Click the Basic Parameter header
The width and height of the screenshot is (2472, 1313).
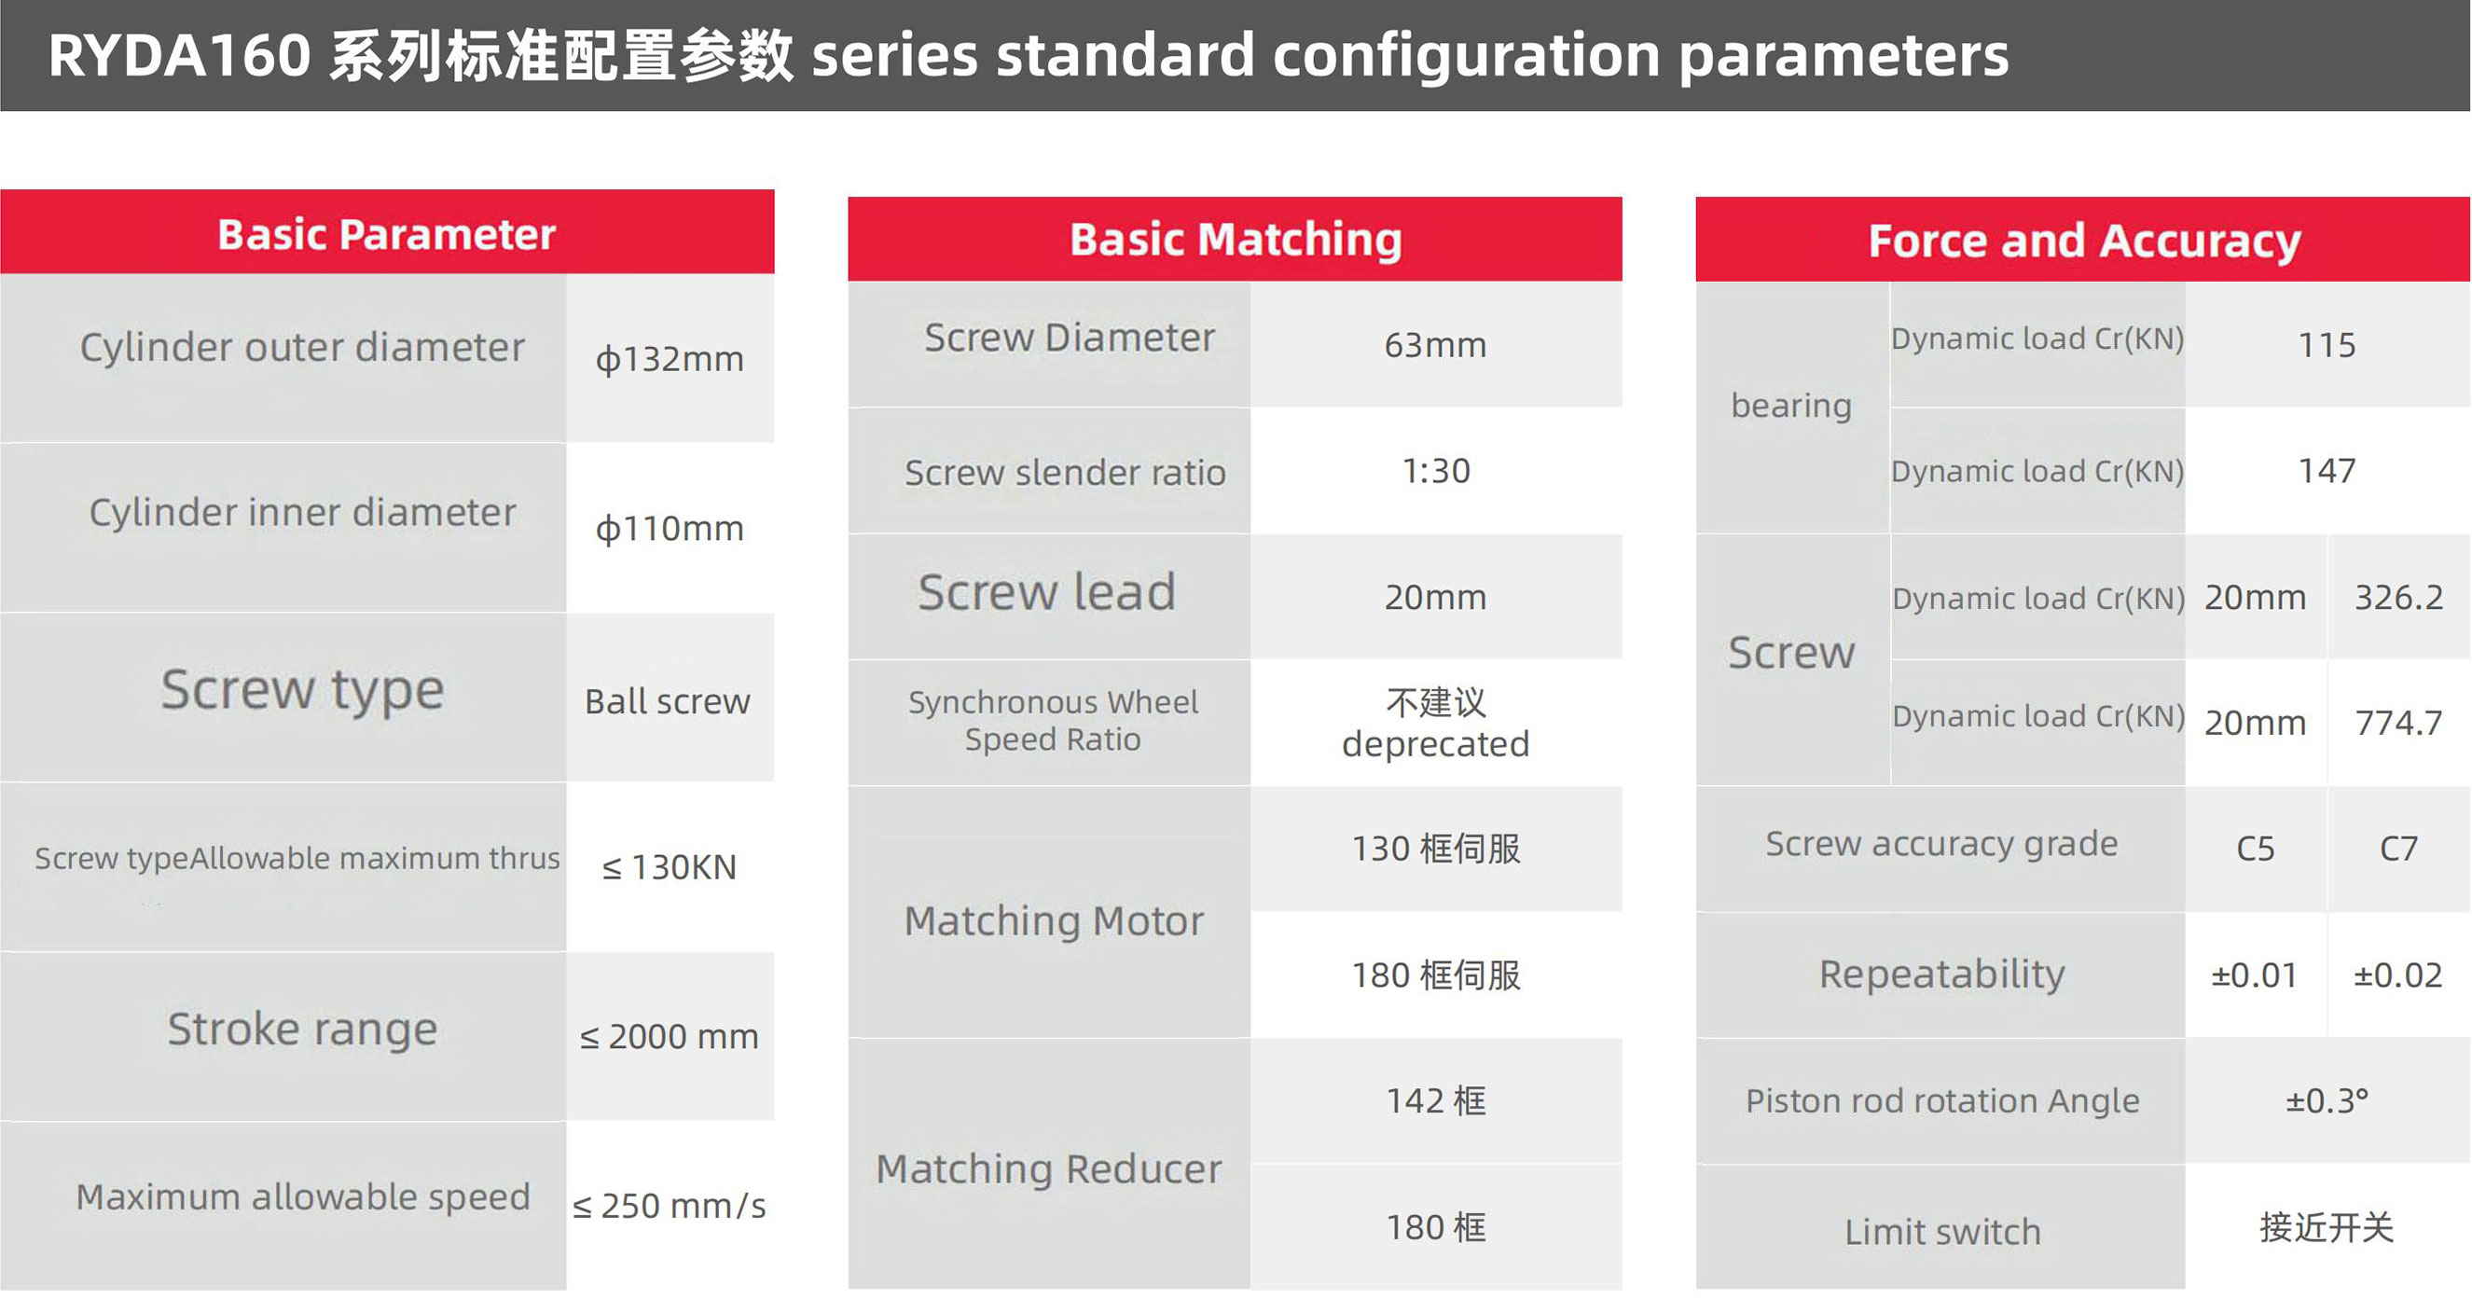(387, 234)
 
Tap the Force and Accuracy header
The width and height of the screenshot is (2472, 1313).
(2084, 240)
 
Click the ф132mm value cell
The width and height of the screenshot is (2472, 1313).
(670, 359)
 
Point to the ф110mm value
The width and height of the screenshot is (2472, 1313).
(670, 528)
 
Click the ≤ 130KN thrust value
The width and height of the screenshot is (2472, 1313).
(670, 866)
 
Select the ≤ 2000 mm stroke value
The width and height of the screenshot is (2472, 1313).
(670, 1037)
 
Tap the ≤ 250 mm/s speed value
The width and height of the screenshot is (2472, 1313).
(670, 1206)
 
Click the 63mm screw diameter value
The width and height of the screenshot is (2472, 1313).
(1436, 344)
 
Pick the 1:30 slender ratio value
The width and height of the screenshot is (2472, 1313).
(1436, 470)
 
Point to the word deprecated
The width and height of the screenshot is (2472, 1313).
(1436, 744)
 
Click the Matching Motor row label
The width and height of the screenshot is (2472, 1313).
(1054, 920)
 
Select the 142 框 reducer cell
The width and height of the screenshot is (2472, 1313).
(1436, 1101)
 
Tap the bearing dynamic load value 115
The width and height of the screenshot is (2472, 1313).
(2327, 344)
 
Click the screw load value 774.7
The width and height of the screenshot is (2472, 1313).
(2398, 722)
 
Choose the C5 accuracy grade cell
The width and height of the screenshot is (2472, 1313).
(2255, 849)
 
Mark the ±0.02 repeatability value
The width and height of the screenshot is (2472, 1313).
(2398, 975)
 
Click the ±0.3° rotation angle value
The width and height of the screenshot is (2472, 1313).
(2327, 1101)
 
